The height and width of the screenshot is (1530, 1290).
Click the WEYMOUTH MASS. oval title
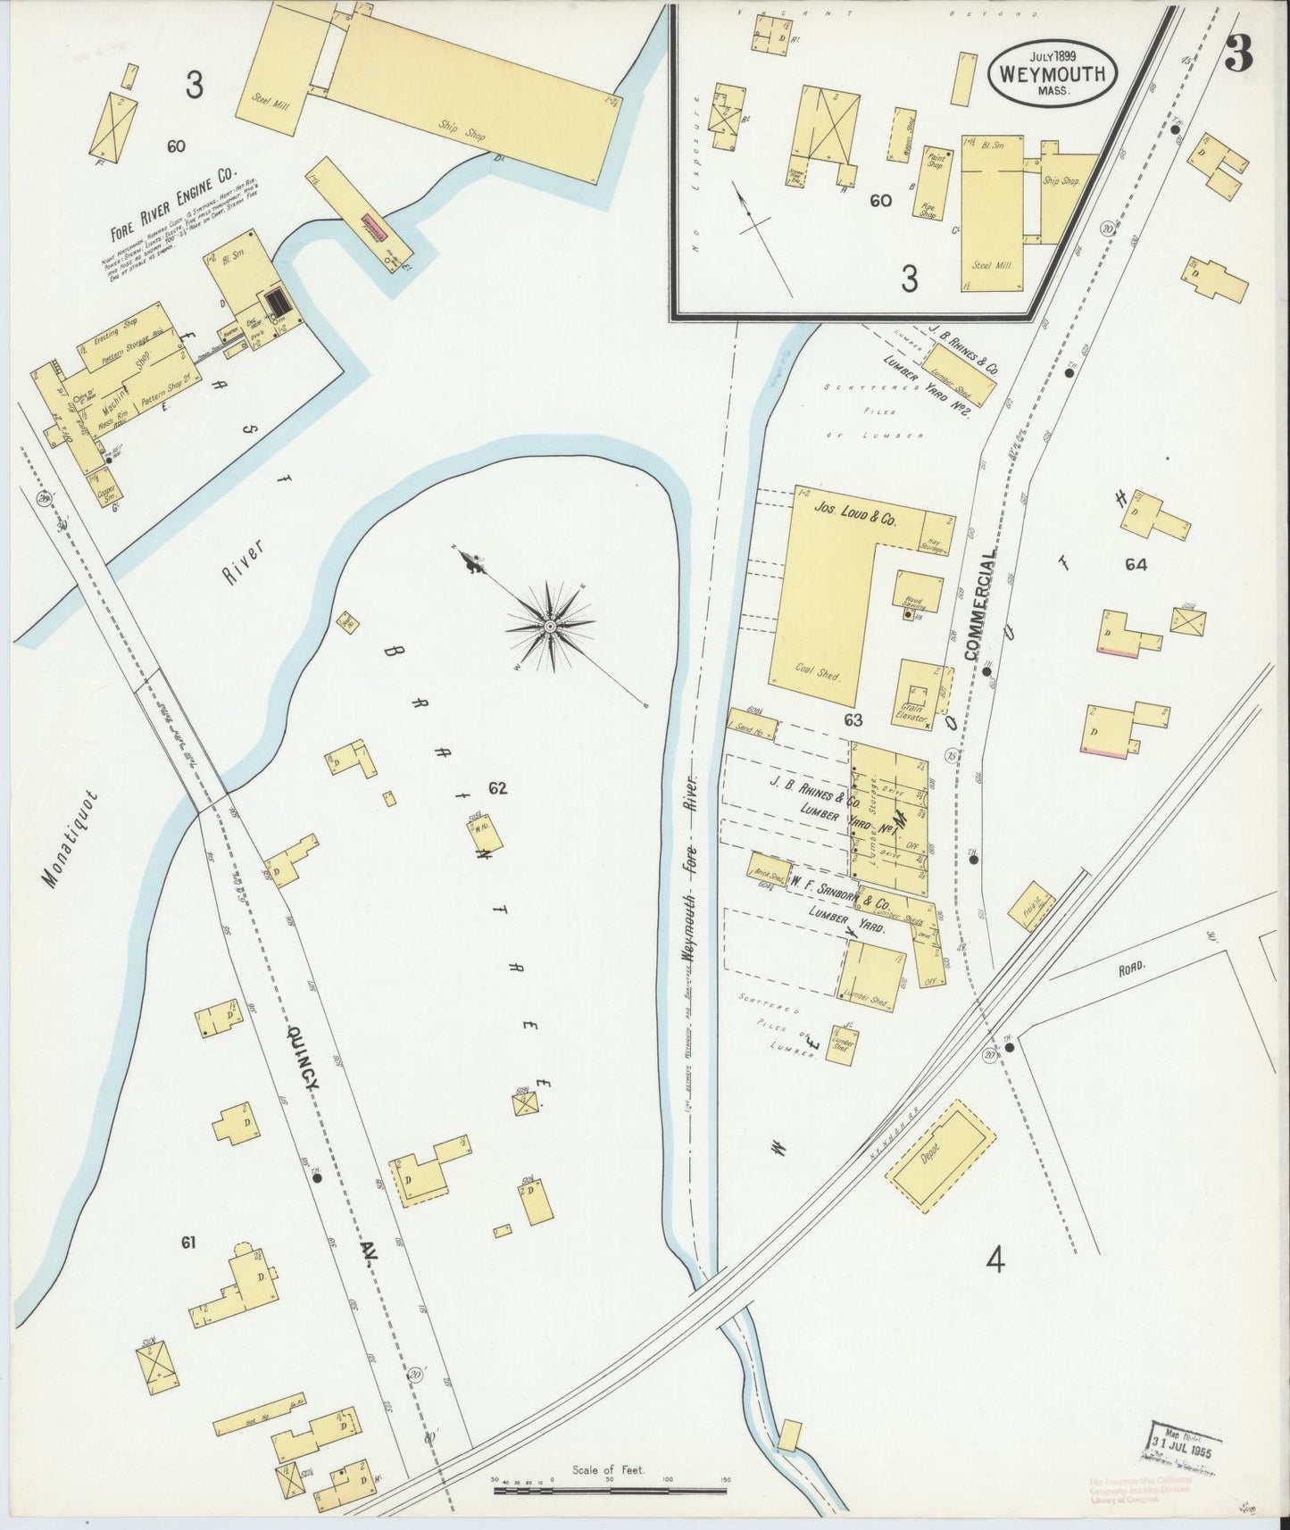coord(1053,74)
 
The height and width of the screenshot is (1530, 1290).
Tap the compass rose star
coord(550,627)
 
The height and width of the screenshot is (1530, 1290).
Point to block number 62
coord(497,787)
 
